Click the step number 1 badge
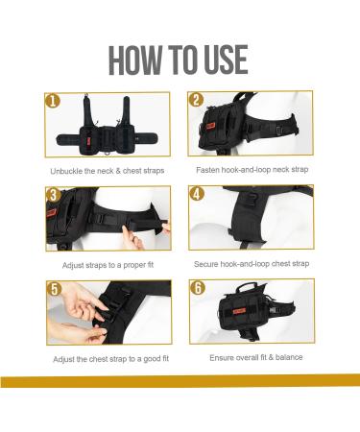(53, 101)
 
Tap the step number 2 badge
(196, 100)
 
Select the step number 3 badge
(53, 195)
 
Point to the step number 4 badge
(197, 194)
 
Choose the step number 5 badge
(55, 289)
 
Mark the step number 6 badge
(198, 288)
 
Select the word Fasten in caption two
(207, 170)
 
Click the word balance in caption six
(289, 357)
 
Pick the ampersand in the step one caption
(118, 171)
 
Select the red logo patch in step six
(239, 311)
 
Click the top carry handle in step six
(246, 286)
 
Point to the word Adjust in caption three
(73, 265)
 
